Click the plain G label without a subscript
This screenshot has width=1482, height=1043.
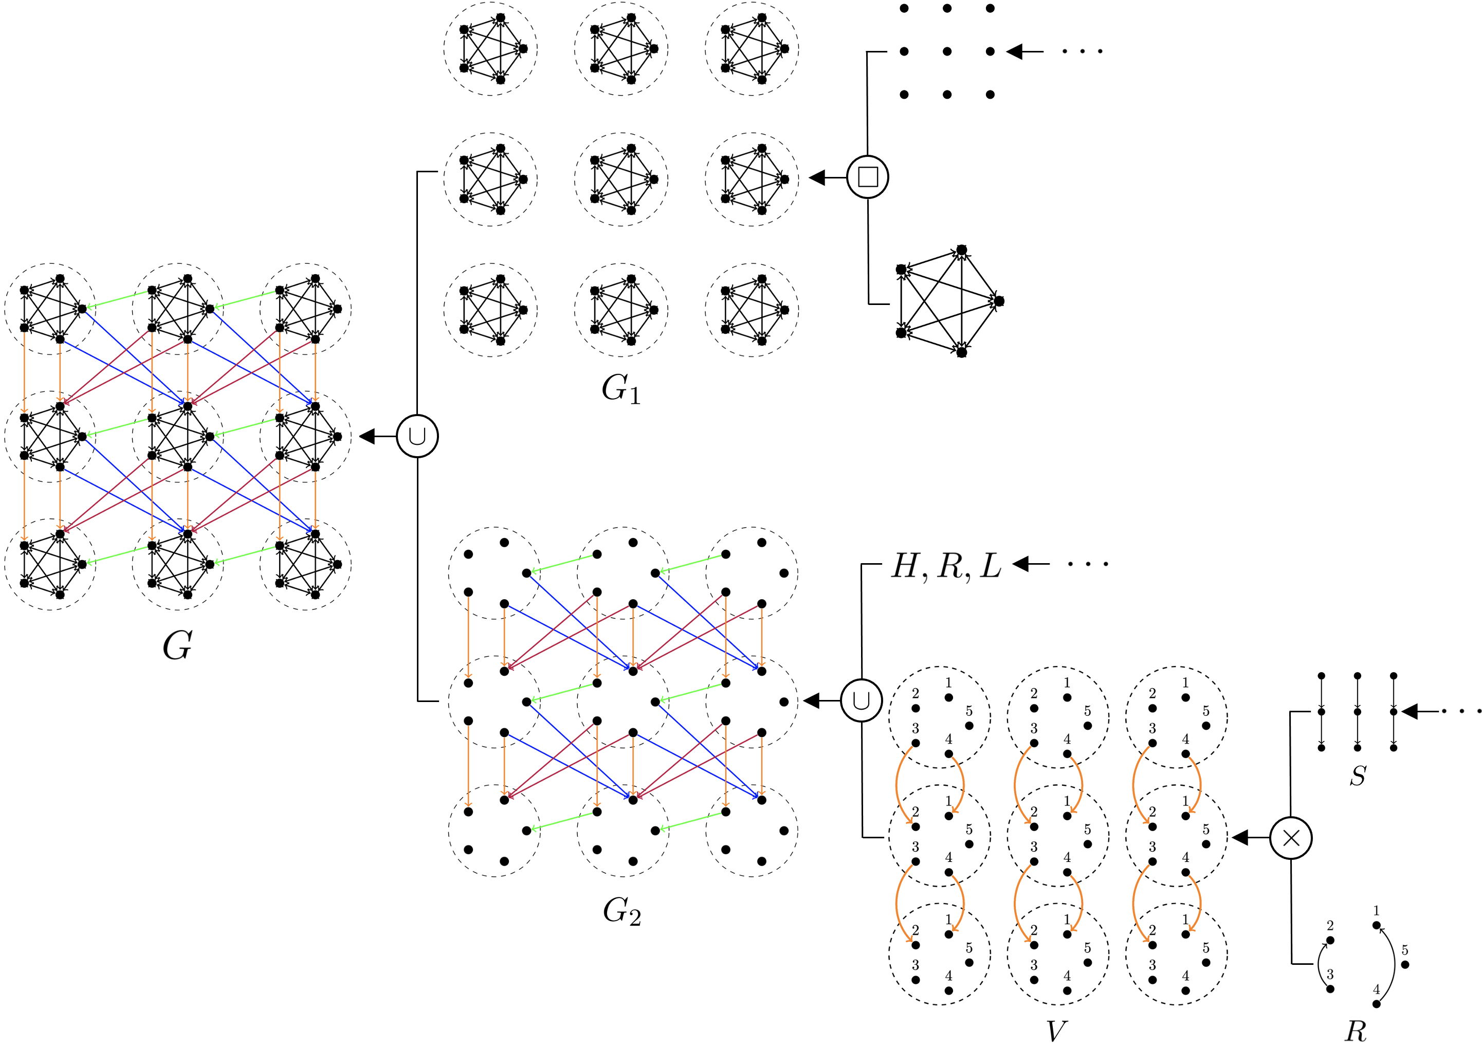pos(177,645)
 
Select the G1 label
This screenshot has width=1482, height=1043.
pos(621,389)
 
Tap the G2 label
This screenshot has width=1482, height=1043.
pos(621,911)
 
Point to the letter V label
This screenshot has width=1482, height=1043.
pos(1056,1031)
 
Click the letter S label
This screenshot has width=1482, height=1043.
pos(1358,775)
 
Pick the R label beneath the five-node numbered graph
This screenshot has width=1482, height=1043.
pos(1356,1031)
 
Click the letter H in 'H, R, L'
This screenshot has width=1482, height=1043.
pos(906,566)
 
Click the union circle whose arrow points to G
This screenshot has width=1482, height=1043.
pos(417,437)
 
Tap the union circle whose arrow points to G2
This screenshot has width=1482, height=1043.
pos(861,700)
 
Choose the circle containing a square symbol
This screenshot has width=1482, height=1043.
pos(868,177)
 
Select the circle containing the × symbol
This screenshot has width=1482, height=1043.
pos(1291,838)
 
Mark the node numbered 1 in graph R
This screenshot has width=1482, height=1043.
pos(1376,925)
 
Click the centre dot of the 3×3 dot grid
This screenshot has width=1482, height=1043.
pos(947,51)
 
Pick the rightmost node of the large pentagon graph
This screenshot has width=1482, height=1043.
pos(999,301)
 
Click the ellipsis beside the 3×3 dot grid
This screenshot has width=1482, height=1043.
pos(1083,51)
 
